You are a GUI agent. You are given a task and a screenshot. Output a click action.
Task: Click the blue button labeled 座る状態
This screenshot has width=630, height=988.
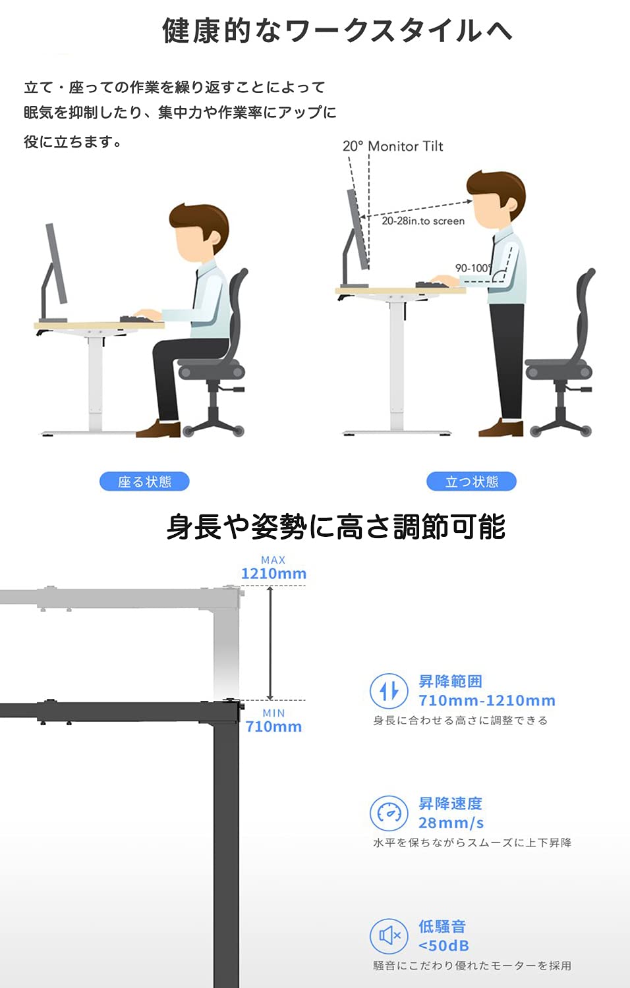(144, 481)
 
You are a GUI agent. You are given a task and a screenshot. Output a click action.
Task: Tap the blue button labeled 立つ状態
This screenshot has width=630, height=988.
(471, 481)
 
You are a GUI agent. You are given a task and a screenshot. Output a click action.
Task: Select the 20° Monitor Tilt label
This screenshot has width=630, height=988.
(393, 146)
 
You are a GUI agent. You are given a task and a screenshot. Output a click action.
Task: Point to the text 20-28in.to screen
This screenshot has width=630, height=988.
(423, 221)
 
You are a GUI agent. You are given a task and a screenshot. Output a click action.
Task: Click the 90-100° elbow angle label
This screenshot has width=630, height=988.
(472, 268)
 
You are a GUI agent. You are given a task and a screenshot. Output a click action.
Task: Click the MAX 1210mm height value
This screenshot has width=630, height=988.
(273, 574)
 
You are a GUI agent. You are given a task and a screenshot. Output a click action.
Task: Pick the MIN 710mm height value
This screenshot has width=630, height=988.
(273, 727)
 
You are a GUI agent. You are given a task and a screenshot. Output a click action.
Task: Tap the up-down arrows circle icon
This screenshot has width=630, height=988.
(389, 691)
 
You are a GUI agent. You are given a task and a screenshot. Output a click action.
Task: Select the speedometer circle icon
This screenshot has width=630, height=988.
(389, 813)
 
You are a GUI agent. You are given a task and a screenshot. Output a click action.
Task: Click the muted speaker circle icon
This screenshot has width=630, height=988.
(389, 936)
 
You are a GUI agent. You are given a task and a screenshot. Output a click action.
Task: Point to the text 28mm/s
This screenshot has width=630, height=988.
(451, 823)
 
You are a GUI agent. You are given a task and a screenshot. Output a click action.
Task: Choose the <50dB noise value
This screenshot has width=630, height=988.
(444, 946)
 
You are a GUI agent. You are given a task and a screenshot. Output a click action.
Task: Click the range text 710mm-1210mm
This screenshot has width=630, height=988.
(487, 700)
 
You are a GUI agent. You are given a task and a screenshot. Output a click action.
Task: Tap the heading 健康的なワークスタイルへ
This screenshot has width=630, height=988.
(337, 30)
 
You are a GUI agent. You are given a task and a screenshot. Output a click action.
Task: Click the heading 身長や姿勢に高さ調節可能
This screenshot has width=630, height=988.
(335, 527)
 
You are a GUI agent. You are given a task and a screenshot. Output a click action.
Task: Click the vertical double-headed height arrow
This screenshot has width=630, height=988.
(270, 643)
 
